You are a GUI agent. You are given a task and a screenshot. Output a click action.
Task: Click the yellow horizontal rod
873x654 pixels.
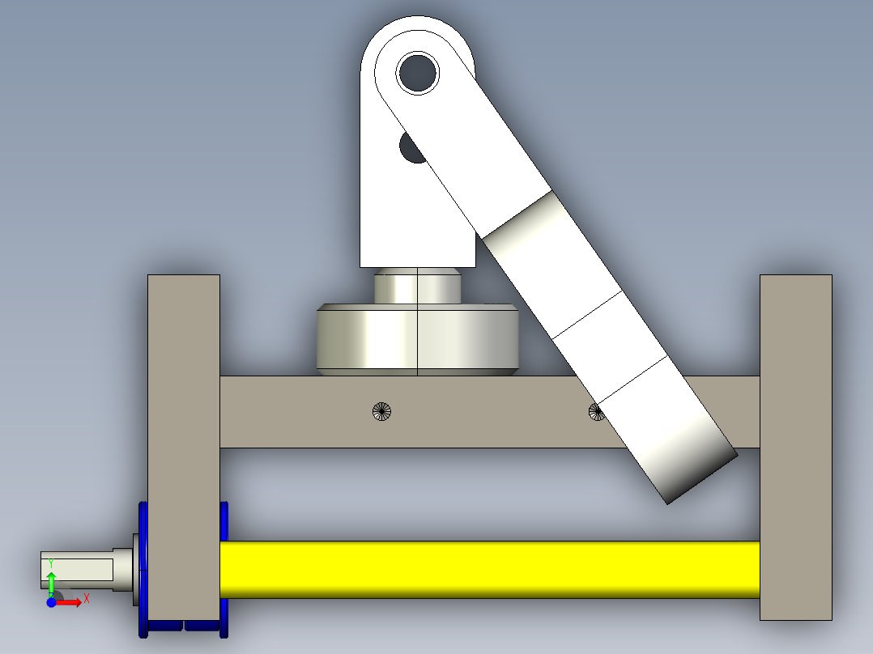coord(490,569)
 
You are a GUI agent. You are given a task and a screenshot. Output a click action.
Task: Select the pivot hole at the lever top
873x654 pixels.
coord(418,73)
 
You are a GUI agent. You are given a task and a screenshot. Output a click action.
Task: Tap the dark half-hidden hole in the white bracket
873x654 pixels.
coord(410,148)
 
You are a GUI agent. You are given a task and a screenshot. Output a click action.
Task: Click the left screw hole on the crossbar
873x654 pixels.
coord(381,412)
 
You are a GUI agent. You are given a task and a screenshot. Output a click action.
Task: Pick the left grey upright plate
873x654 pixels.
coord(184,447)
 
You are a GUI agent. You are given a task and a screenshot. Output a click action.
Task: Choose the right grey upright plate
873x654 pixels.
coord(796,447)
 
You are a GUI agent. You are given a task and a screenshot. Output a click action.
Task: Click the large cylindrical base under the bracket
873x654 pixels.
coord(418,339)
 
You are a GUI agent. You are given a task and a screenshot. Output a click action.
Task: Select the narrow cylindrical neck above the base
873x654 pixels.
coord(418,286)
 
